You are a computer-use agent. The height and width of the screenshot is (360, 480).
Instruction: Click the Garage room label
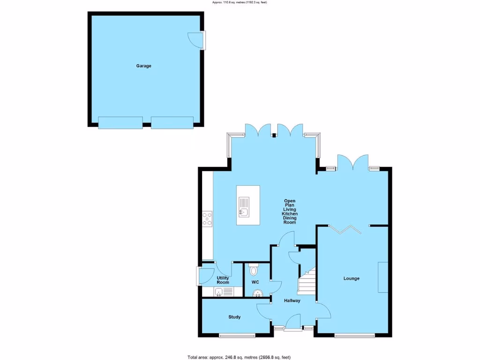[143, 66]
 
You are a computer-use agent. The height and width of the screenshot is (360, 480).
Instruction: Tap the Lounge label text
[351, 278]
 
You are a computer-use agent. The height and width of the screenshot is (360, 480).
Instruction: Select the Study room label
[234, 317]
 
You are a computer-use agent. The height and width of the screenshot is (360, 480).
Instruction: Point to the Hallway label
[292, 300]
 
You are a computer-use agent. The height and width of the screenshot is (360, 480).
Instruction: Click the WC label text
[255, 282]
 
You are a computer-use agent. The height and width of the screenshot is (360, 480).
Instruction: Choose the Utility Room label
[223, 280]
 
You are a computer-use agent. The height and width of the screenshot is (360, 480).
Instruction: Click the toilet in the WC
[254, 270]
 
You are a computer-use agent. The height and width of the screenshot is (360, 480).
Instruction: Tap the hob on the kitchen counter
[207, 218]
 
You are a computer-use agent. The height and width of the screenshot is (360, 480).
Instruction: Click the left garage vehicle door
[120, 123]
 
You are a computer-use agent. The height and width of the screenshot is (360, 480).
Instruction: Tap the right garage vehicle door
[172, 123]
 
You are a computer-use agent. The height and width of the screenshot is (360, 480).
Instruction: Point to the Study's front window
[237, 335]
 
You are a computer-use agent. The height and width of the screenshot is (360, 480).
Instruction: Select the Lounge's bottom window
[354, 335]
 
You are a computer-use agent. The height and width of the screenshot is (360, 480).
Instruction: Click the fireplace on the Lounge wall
[383, 277]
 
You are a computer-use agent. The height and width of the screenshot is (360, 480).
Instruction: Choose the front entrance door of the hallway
[293, 324]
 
